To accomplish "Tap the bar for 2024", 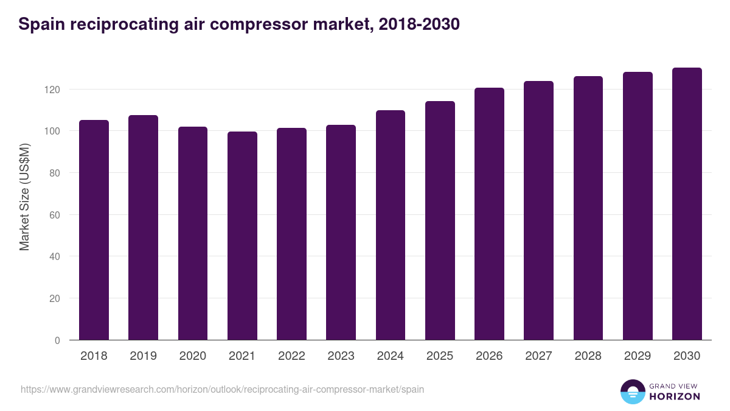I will coord(391,225).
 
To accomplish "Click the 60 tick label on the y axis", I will coord(56,215).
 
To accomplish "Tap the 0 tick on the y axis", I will coord(58,340).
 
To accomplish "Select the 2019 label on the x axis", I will coord(143,356).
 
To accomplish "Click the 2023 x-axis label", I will coord(341,356).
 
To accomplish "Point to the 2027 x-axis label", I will coord(538,356).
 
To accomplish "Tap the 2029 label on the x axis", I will coord(638,356).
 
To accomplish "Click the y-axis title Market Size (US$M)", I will coord(24,196).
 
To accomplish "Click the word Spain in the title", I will coord(40,25).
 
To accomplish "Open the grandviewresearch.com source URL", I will coord(222,389).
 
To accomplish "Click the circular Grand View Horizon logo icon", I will coord(632,392).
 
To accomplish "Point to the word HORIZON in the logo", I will coord(674,396).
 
